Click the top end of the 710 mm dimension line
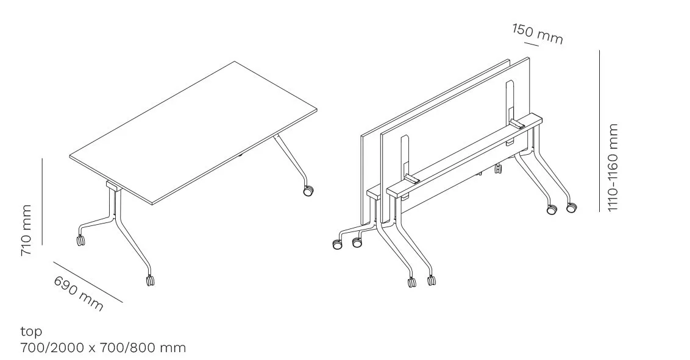pyautogui.click(x=42, y=158)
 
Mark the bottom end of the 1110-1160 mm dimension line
pyautogui.click(x=599, y=211)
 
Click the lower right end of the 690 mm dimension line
pyautogui.click(x=123, y=303)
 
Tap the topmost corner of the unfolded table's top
pyautogui.click(x=235, y=61)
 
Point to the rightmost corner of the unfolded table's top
pyautogui.click(x=317, y=110)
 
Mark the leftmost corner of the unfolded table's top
pyautogui.click(x=69, y=156)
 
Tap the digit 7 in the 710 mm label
pyautogui.click(x=26, y=251)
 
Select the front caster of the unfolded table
pyautogui.click(x=150, y=280)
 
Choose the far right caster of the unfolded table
pyautogui.click(x=308, y=191)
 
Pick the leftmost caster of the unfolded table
pyautogui.click(x=80, y=240)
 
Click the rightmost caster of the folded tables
pyautogui.click(x=571, y=207)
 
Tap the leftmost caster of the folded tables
pyautogui.click(x=336, y=244)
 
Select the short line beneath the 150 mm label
pyautogui.click(x=532, y=43)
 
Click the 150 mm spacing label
pyautogui.click(x=538, y=34)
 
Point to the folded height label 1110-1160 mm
pyautogui.click(x=613, y=168)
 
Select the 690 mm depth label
pyautogui.click(x=79, y=293)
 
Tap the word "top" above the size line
pyautogui.click(x=31, y=332)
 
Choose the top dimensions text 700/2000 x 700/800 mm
pyautogui.click(x=103, y=348)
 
